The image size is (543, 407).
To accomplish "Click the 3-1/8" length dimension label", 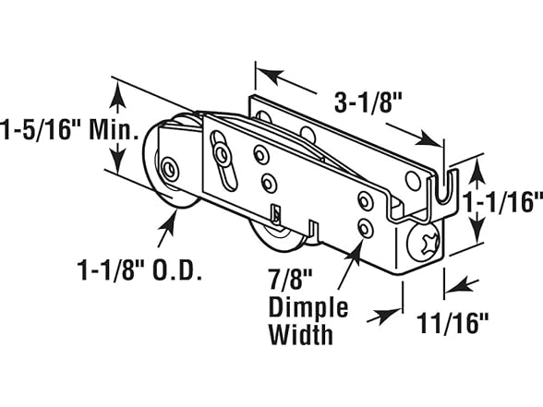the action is point(368,102).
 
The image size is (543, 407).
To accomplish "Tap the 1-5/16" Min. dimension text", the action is point(68,130).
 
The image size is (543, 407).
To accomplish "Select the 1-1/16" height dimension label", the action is point(502,202).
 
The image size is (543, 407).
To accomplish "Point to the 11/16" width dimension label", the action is point(452,323).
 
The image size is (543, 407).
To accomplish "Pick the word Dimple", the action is point(308,307).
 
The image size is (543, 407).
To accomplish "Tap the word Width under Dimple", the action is point(301,334).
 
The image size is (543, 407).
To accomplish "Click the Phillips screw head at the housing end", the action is point(424,243).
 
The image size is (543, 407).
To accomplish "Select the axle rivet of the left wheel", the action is point(170,169).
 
